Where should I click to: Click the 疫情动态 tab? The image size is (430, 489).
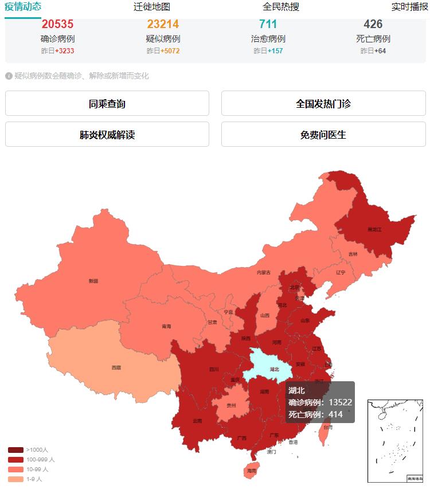pos(23,7)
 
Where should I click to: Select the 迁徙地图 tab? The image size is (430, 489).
pos(152,7)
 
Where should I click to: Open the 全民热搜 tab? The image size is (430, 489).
pos(281,7)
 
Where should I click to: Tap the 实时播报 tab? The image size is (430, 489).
pos(409,7)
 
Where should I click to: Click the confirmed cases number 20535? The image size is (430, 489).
pos(57,25)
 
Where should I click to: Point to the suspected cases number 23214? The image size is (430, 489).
pos(163,25)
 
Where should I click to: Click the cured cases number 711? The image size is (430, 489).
pos(268,25)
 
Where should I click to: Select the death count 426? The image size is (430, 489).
pos(373,25)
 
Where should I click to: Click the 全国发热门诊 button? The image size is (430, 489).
pos(323,104)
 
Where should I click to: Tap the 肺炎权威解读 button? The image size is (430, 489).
pos(107,135)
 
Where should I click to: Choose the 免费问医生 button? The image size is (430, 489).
pos(323,135)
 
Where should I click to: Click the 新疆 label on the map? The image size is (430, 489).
pos(93,281)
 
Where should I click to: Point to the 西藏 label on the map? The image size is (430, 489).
pos(116,367)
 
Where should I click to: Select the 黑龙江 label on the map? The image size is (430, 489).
pos(374,229)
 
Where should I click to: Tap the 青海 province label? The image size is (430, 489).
pos(166,326)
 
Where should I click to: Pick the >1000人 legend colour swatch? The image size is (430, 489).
pos(16,450)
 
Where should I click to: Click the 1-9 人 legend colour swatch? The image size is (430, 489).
pos(16,479)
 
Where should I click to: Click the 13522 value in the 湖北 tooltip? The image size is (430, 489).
pos(340,402)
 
